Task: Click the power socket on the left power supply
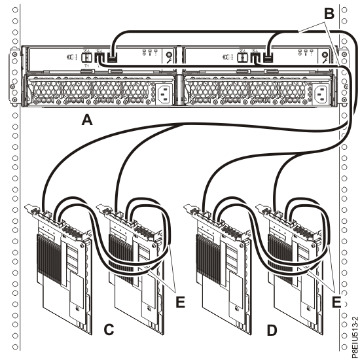pos(163,95)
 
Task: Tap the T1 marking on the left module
pos(85,66)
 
